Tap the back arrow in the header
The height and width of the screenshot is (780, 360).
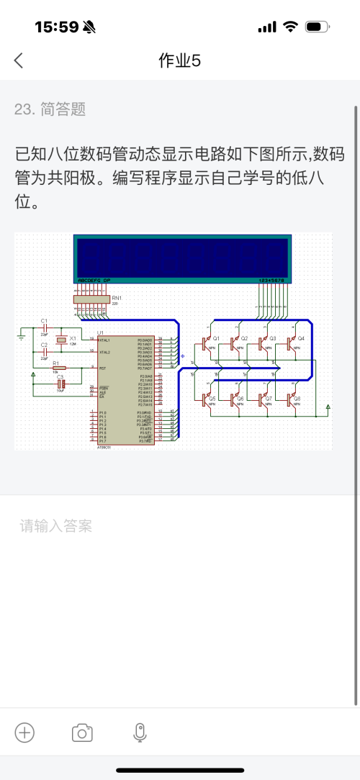19,60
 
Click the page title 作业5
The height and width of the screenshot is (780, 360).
179,61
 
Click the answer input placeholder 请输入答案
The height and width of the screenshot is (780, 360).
56,526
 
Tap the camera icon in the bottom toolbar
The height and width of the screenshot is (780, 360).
82,733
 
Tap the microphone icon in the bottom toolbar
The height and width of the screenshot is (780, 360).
140,733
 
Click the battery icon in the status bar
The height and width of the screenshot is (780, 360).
317,27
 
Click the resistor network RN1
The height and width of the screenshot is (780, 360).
91,299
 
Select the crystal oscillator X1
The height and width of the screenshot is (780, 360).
63,340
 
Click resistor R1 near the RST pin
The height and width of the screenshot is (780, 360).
58,367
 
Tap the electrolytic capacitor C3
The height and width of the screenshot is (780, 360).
60,384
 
